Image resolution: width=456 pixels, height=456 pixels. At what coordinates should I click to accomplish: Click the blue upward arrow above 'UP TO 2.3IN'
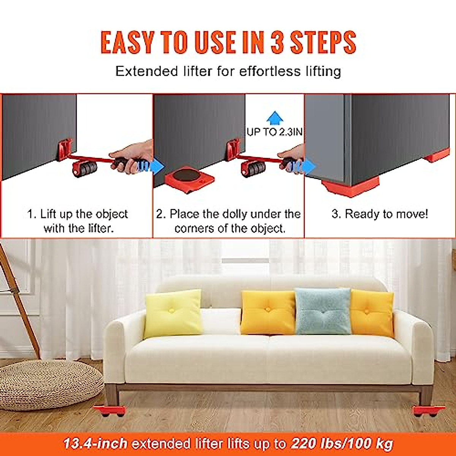(x=275, y=118)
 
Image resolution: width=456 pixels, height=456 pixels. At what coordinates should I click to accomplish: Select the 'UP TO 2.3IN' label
(x=274, y=132)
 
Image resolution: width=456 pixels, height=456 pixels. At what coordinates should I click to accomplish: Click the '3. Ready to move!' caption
(x=380, y=214)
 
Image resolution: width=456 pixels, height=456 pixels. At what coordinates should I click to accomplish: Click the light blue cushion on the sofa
(x=323, y=311)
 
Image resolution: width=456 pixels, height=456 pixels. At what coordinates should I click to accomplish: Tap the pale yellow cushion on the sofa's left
(x=173, y=313)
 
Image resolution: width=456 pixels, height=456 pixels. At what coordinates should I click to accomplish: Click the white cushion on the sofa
(x=220, y=321)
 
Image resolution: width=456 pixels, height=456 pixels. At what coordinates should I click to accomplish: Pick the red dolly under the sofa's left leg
(x=109, y=411)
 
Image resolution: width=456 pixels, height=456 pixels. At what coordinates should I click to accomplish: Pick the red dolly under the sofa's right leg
(x=429, y=411)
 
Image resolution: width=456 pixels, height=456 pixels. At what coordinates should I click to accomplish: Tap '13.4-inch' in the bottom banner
(x=95, y=443)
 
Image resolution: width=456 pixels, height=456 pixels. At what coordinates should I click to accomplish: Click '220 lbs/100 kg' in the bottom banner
(x=342, y=443)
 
